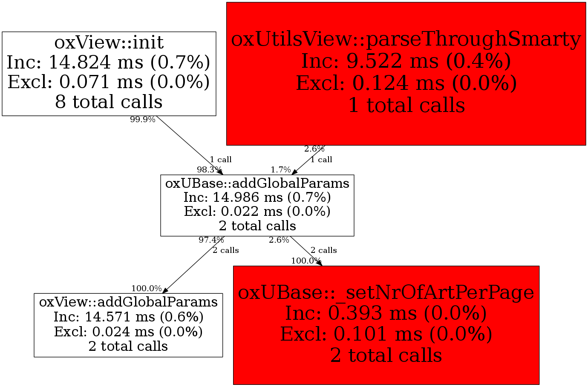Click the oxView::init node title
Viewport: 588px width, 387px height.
109,43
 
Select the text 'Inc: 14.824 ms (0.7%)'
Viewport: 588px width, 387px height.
108,63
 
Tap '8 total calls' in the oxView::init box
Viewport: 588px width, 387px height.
109,102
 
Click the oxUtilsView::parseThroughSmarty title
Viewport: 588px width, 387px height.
406,39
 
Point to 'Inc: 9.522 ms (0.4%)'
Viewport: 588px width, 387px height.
406,61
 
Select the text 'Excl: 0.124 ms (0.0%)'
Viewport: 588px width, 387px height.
406,83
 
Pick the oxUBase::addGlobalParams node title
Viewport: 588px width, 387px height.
257,183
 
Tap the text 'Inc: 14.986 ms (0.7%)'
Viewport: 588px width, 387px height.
257,197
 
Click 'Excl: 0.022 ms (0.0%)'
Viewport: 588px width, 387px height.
257,212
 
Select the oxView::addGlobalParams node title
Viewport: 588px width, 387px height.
128,302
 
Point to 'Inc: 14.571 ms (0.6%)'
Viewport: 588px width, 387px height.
128,317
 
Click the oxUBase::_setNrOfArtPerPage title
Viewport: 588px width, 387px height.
386,292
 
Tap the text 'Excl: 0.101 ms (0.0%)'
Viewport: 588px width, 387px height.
386,334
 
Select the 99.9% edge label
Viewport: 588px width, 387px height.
143,120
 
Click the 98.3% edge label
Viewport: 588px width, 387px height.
210,170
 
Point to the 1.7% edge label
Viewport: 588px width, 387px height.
281,170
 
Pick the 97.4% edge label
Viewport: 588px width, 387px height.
211,240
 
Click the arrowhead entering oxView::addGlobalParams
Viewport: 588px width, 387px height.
165,290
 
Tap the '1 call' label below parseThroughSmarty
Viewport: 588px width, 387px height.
321,160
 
